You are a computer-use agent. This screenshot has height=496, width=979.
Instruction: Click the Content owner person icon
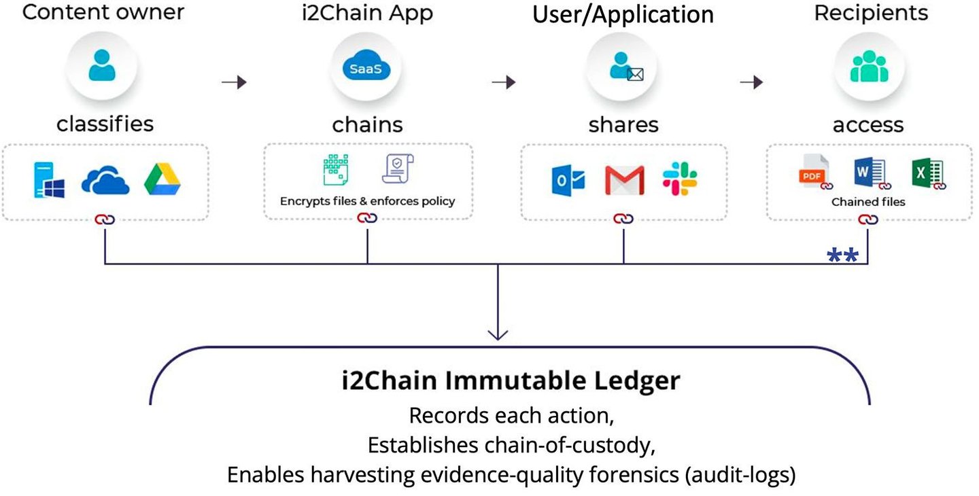[x=102, y=65]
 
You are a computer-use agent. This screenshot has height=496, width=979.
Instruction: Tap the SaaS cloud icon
[x=366, y=65]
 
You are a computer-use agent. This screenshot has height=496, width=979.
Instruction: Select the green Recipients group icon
[x=869, y=66]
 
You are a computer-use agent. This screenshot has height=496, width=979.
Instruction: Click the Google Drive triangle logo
[x=162, y=179]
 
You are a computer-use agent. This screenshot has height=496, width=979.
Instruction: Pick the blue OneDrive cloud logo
[x=105, y=180]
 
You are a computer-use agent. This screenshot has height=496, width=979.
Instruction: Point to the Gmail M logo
[x=625, y=180]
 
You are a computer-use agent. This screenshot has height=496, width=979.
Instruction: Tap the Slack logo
[x=680, y=179]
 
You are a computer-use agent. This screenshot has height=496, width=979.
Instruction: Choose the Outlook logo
[x=568, y=180]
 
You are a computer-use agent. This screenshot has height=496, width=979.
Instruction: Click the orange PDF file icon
[x=814, y=172]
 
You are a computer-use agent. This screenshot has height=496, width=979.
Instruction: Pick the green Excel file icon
[x=929, y=173]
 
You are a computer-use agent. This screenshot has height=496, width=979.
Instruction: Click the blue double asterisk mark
[x=842, y=255]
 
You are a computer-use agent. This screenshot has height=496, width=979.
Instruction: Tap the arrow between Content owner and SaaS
[x=235, y=82]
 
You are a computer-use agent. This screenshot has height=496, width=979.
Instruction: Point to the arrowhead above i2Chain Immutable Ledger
[x=498, y=334]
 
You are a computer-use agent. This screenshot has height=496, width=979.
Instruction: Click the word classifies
[x=105, y=124]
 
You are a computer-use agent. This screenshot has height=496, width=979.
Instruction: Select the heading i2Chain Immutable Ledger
[x=511, y=380]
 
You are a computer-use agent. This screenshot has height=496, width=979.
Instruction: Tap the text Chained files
[x=868, y=202]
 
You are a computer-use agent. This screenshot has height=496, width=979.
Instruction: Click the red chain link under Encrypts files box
[x=367, y=218]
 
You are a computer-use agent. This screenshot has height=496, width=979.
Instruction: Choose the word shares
[x=623, y=125]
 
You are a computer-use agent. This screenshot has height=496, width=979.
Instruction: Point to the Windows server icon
[x=50, y=180]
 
